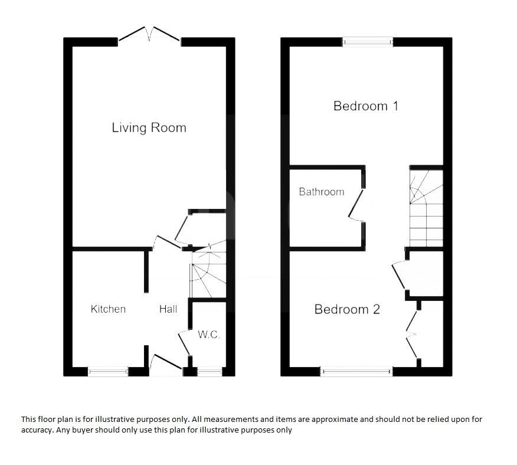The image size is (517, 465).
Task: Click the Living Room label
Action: tap(149, 127)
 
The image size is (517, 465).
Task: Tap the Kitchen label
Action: tap(108, 309)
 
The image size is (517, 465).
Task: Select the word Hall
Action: tap(168, 309)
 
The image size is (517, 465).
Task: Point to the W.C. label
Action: tap(208, 335)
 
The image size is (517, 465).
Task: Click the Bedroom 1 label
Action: tap(365, 106)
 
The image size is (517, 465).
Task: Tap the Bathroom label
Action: tap(321, 192)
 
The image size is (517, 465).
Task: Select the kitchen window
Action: tap(108, 372)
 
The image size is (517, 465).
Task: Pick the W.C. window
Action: tap(210, 372)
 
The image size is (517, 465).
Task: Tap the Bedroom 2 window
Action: tap(356, 372)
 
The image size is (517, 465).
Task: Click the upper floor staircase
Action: tap(426, 207)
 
